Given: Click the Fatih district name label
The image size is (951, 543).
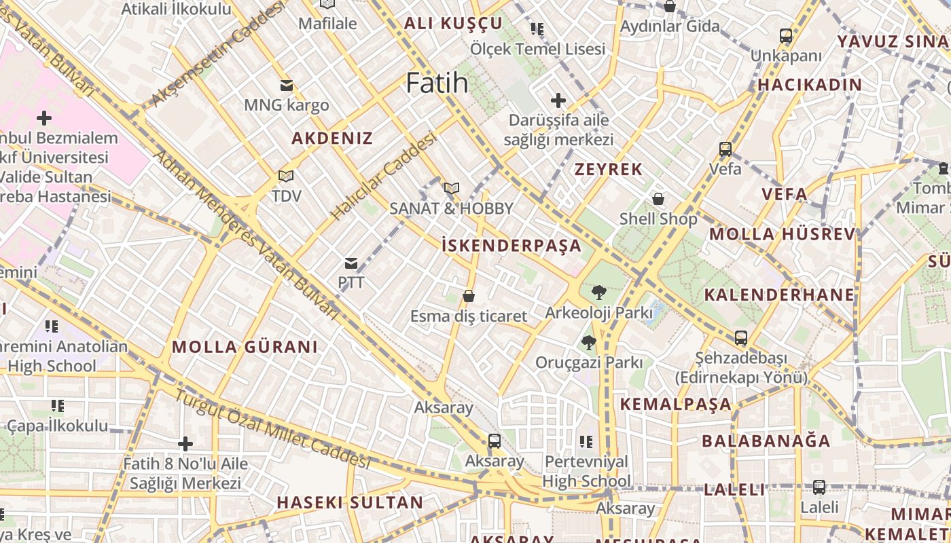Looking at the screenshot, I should tap(437, 83).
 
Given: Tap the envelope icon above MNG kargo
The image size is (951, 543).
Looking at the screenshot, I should tap(286, 86).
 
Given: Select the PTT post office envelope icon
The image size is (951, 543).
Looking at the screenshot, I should tap(351, 263).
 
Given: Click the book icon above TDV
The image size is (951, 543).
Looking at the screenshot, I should tap(286, 176).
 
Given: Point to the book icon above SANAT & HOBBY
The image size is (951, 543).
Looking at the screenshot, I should tap(451, 188).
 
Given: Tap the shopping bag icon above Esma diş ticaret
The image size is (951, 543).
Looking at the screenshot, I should tap(468, 296).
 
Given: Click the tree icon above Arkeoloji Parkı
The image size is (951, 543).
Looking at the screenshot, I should tap(598, 293).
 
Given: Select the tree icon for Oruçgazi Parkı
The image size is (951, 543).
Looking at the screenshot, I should tap(588, 342).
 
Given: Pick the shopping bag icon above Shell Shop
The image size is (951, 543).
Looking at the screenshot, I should tap(658, 199).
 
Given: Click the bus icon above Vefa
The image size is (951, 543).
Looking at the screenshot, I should tap(725, 149).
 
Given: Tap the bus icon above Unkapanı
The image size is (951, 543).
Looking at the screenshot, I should tap(786, 36).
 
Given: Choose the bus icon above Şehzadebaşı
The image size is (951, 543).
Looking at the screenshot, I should tap(740, 337).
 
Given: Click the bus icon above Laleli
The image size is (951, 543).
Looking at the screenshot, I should tap(819, 487).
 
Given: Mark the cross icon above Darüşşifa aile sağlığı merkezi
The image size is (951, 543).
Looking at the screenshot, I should tap(558, 100).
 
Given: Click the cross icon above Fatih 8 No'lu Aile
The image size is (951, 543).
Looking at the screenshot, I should tap(185, 444).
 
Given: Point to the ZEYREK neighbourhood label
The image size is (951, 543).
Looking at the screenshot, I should tap(609, 169).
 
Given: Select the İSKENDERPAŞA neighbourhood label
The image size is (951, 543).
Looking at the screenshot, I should tap(512, 245).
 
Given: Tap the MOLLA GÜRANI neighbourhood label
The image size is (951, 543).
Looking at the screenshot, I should tap(245, 347).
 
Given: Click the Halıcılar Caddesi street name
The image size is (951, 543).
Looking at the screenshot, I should tap(383, 175).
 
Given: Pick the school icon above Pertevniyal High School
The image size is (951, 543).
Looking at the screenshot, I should tap(586, 442).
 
